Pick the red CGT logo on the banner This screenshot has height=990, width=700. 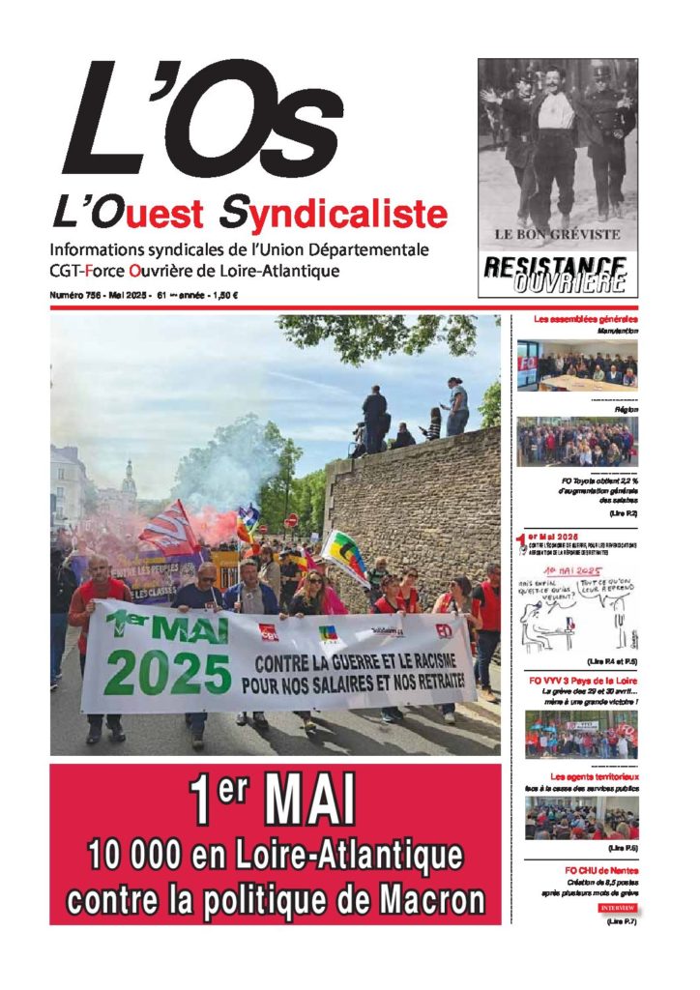(x=269, y=631)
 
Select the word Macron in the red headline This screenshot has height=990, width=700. (x=426, y=900)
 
